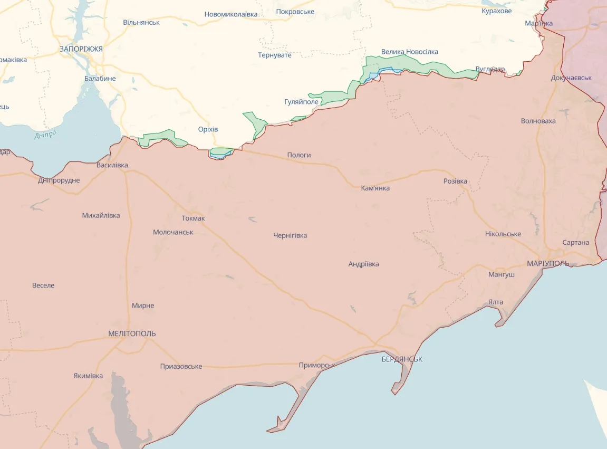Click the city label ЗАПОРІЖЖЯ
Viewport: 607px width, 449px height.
click(x=81, y=49)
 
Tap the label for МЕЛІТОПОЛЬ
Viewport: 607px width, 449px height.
click(x=132, y=334)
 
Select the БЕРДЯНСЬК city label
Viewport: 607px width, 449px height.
click(x=402, y=359)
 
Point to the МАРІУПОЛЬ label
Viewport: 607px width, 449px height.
click(x=547, y=263)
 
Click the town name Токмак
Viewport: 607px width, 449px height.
click(x=193, y=218)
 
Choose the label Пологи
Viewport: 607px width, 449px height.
click(x=299, y=155)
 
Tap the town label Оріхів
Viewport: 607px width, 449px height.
click(x=208, y=130)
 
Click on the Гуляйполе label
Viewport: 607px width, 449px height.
click(x=301, y=102)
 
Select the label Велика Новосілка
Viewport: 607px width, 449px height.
click(x=409, y=52)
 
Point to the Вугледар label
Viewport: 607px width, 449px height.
click(x=489, y=69)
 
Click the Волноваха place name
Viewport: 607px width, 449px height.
click(x=538, y=121)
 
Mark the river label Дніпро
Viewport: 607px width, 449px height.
click(x=45, y=135)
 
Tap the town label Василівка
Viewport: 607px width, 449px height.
click(x=112, y=165)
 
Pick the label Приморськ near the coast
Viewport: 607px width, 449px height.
click(x=317, y=365)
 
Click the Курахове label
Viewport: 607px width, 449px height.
click(x=496, y=11)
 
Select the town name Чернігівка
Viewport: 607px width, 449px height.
click(x=290, y=236)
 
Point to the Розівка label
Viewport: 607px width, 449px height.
click(x=455, y=181)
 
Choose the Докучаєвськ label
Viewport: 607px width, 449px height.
click(x=571, y=78)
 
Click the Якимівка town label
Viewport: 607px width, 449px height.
click(x=88, y=376)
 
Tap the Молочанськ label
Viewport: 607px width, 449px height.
click(x=173, y=232)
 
